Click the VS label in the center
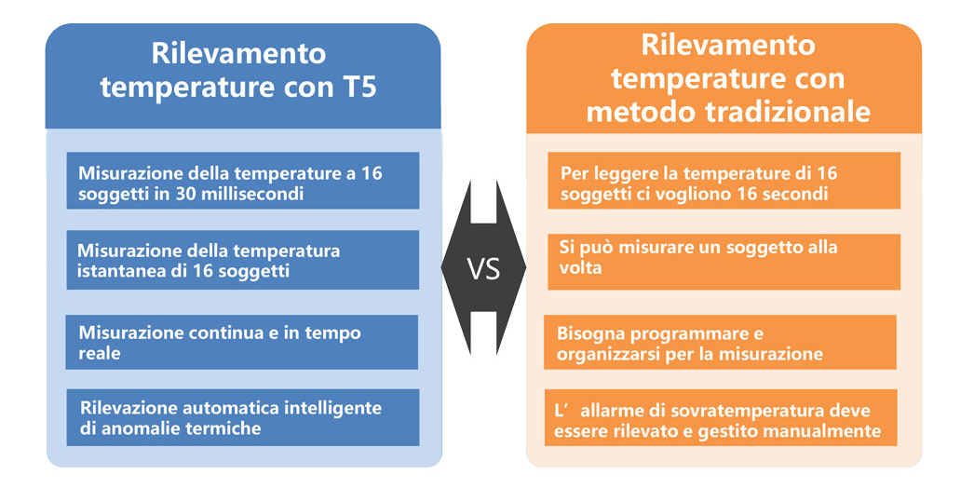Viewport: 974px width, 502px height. coord(483,269)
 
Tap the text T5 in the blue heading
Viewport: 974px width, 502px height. coord(359,87)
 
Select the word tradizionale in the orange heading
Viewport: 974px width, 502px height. coord(788,113)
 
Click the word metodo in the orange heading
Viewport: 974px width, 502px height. coord(642,113)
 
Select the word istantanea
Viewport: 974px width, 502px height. coord(114,271)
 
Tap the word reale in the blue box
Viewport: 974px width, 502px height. coord(100,353)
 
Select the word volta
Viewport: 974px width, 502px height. coord(580,268)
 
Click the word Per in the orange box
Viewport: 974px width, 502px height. coord(575,173)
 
